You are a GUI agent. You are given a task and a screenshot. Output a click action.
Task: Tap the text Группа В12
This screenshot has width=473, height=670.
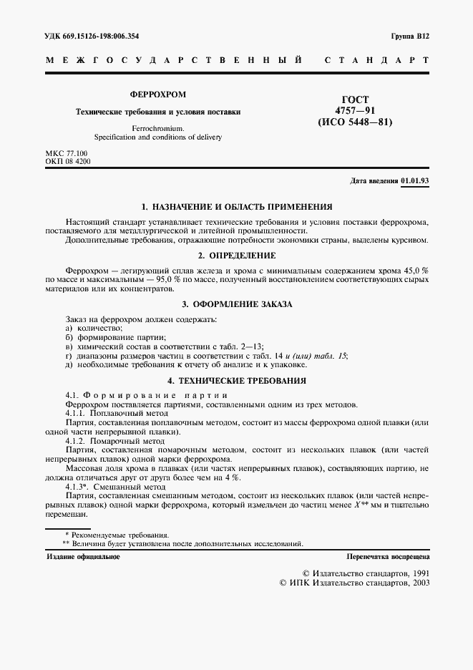tap(409, 35)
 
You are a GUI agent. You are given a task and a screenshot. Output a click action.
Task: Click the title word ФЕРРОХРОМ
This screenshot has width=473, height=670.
tap(158, 94)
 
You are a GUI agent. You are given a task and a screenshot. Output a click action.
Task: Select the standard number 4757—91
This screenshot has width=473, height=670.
tap(356, 111)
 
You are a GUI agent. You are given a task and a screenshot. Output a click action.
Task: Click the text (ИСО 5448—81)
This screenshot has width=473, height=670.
tap(356, 122)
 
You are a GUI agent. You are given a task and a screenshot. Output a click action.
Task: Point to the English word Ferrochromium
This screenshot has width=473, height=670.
tap(158, 127)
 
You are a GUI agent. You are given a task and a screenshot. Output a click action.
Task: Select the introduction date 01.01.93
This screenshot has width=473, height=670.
tap(415, 181)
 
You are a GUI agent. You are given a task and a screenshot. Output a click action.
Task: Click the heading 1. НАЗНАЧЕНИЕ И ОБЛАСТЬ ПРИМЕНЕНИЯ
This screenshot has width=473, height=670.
tap(236, 207)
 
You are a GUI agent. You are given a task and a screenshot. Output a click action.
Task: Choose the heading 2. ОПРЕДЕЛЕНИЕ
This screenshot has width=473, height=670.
tap(236, 255)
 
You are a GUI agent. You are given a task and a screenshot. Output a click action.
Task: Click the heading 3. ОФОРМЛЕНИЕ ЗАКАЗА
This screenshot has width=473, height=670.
tap(236, 304)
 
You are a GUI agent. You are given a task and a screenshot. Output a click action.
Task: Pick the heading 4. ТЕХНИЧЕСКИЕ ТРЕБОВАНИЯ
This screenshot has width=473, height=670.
tap(236, 381)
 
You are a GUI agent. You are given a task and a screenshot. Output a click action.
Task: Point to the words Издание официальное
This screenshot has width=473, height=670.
tap(83, 556)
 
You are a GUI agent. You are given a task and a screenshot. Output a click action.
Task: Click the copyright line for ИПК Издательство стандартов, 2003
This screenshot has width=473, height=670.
tap(354, 583)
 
